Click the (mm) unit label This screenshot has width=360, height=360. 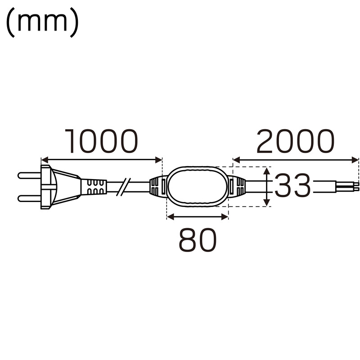point(42,22)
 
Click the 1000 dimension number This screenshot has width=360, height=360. point(101,141)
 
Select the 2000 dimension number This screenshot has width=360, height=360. point(295,141)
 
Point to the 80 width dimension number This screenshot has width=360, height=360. point(198,240)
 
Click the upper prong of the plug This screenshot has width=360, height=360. point(29,175)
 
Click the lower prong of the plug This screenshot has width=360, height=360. point(29,198)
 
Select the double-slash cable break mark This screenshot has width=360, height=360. point(123,187)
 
